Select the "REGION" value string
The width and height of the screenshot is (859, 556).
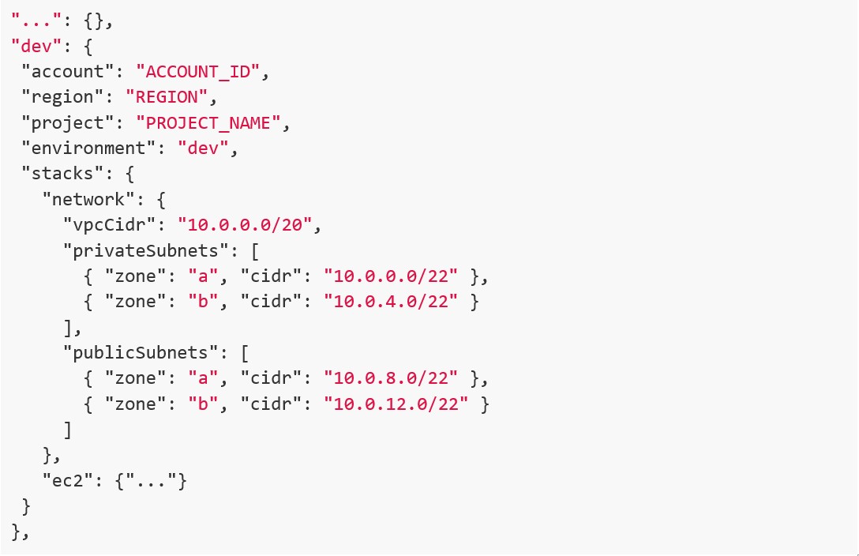172,97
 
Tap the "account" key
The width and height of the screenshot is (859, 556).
68,72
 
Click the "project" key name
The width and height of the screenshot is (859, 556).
68,122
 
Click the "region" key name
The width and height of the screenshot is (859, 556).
62,97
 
